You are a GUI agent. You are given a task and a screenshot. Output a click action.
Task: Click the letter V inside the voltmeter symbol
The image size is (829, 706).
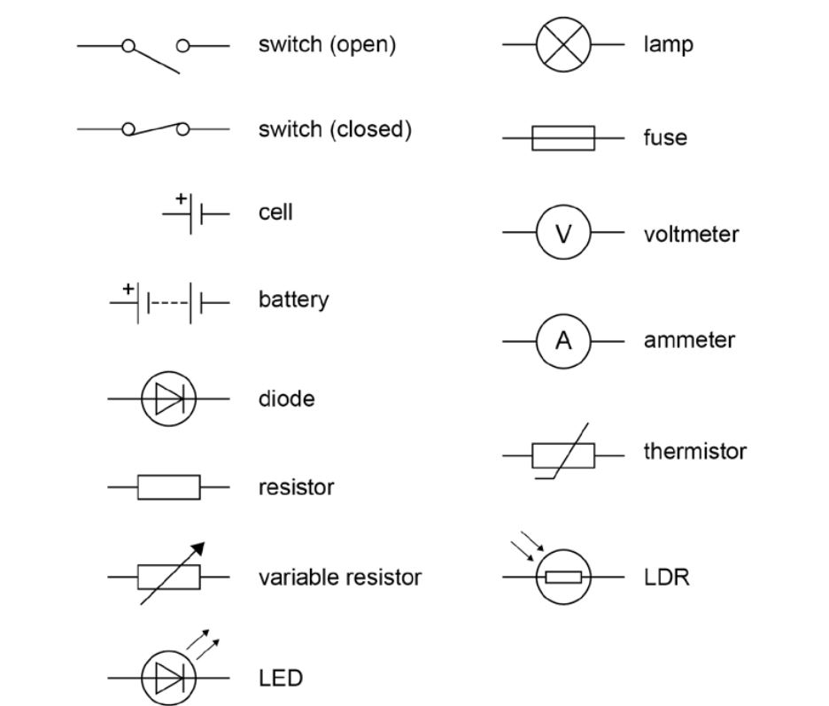point(563,234)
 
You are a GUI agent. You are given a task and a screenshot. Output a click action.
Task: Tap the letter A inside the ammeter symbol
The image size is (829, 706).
point(563,340)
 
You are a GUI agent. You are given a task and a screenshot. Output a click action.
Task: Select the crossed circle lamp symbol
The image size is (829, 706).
point(563,44)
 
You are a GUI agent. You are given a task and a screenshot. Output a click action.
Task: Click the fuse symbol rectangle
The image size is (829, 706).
point(563,138)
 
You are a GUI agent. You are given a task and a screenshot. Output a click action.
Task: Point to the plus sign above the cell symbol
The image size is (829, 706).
point(182,198)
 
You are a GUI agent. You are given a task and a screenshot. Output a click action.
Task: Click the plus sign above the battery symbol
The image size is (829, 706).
point(128,288)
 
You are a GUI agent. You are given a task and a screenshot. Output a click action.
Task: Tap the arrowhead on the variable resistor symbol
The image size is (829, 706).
point(198,550)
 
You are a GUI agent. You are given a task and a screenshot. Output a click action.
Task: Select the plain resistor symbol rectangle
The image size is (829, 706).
point(168,487)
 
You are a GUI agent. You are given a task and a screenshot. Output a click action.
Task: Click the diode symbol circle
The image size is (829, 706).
point(168,400)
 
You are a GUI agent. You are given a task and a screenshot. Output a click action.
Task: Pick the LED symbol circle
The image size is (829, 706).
point(168,679)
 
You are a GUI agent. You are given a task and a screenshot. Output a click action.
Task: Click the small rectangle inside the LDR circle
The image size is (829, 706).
point(563,578)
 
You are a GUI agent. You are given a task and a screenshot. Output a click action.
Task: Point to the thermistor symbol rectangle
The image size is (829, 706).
point(563,455)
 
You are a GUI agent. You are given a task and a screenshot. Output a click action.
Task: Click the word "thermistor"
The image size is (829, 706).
point(694,451)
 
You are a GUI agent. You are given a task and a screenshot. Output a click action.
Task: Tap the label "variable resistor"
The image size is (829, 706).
point(339,578)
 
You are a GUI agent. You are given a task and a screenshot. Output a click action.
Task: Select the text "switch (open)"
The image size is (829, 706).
point(327,44)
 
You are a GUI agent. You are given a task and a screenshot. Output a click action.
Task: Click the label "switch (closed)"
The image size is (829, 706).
point(335,129)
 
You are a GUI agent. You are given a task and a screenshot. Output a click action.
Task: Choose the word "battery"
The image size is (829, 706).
point(293,299)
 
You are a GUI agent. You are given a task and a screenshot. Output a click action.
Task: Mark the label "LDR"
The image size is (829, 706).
point(666,578)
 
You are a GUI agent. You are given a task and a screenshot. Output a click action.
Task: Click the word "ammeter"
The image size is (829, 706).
point(689,340)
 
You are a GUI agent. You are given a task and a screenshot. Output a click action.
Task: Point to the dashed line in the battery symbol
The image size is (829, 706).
point(168,303)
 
